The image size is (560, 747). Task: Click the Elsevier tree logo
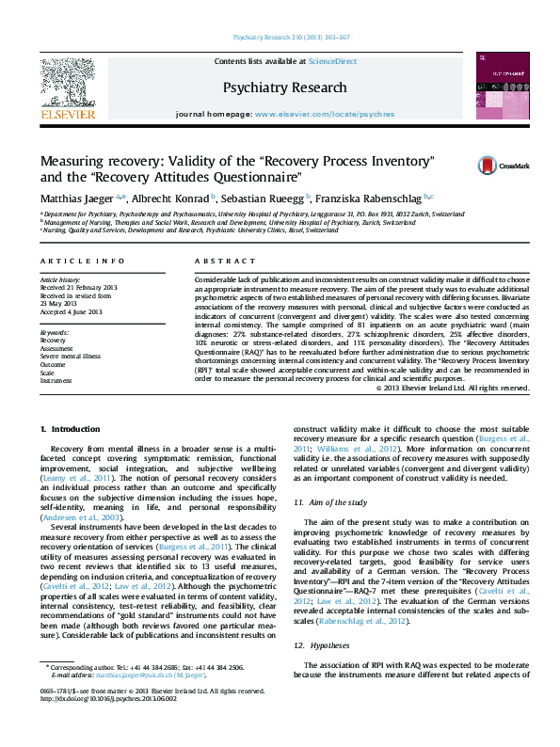click(67, 84)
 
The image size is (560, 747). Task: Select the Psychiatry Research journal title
click(284, 87)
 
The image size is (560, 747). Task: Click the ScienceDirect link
click(333, 61)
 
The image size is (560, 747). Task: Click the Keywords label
click(55, 333)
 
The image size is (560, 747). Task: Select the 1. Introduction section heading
click(70, 430)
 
